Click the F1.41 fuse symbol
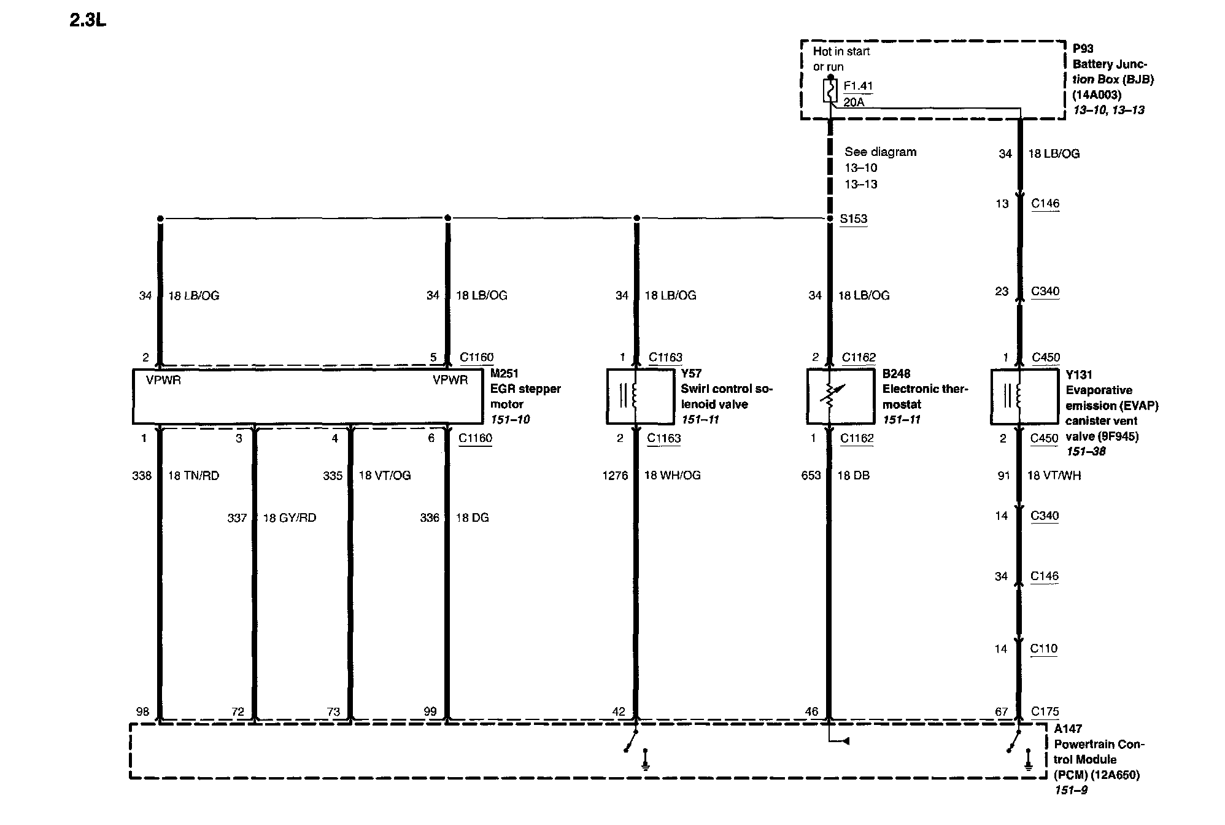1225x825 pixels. (830, 90)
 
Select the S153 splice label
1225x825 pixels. (854, 219)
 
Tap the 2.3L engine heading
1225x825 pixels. (88, 20)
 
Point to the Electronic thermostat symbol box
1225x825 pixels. (840, 396)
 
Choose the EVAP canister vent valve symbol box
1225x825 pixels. (1024, 396)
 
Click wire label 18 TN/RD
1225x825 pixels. (193, 476)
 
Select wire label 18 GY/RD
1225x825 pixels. (289, 518)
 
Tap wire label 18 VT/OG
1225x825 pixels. (385, 476)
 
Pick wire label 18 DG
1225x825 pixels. (472, 518)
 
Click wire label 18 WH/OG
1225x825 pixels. (672, 476)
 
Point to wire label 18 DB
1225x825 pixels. (853, 476)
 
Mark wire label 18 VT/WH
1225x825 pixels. (1054, 476)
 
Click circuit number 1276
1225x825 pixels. (615, 476)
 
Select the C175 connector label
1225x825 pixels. (1045, 711)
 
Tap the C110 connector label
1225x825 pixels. (1044, 649)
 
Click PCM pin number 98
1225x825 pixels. (142, 711)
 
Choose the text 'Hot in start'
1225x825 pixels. (841, 52)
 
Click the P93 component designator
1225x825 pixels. (1083, 48)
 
